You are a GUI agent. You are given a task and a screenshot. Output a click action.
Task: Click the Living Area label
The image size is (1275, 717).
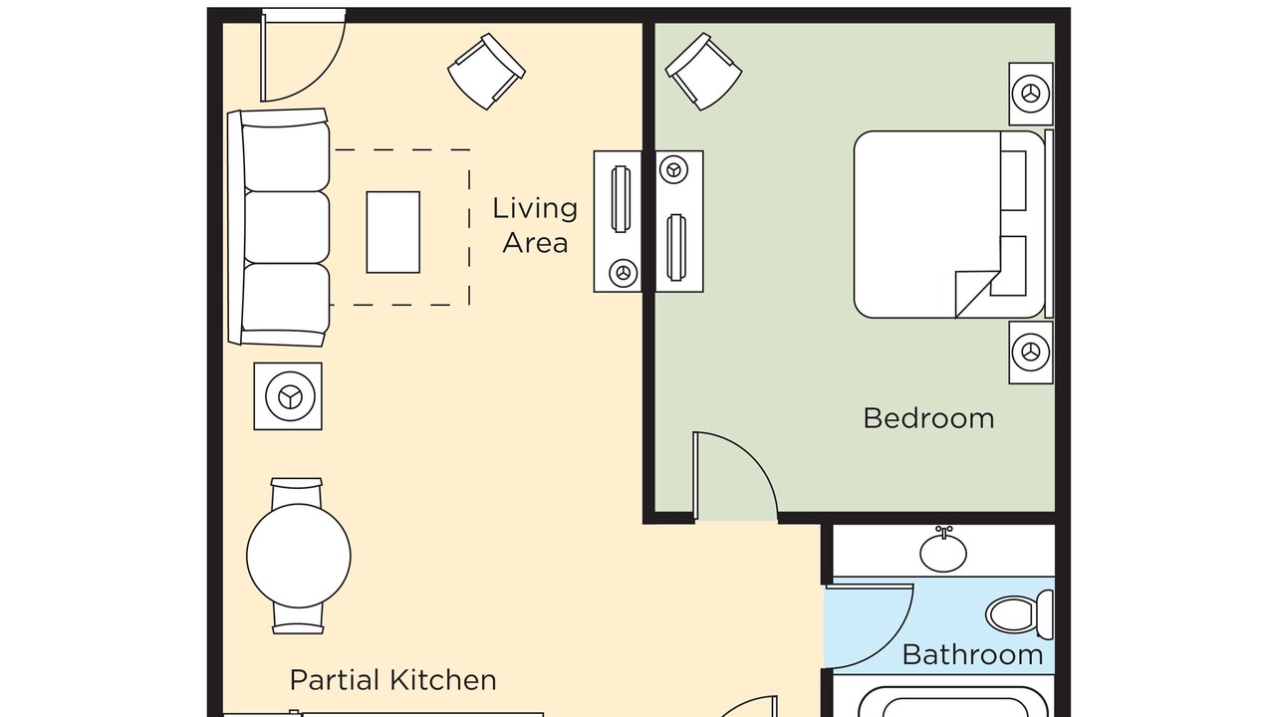pyautogui.click(x=535, y=225)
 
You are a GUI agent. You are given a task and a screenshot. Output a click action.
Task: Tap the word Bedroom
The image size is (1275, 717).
pyautogui.click(x=929, y=419)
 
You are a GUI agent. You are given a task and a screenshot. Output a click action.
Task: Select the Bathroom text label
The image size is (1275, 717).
pyautogui.click(x=973, y=655)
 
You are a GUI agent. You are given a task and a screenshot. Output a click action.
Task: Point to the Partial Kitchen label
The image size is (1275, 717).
pyautogui.click(x=393, y=680)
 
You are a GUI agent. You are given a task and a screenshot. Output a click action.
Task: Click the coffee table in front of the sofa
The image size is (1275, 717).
pyautogui.click(x=393, y=232)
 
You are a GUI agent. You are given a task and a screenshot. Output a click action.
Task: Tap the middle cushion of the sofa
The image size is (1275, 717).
pyautogui.click(x=286, y=227)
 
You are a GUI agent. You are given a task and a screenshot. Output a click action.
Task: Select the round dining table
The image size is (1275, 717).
pyautogui.click(x=299, y=556)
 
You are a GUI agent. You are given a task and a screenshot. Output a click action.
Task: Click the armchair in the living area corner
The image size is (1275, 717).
pyautogui.click(x=487, y=71)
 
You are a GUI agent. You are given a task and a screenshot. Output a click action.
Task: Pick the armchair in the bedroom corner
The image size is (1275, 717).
pyautogui.click(x=703, y=71)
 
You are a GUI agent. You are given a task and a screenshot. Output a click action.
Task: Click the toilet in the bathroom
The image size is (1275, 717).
pyautogui.click(x=1020, y=614)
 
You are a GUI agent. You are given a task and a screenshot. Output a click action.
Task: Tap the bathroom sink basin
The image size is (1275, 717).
pyautogui.click(x=943, y=551)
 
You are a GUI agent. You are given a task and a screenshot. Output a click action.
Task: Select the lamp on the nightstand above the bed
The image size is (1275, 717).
pyautogui.click(x=1031, y=94)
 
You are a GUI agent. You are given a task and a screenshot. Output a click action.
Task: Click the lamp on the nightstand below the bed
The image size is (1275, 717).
pyautogui.click(x=1031, y=353)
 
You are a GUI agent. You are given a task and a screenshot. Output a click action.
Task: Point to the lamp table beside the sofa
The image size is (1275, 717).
pyautogui.click(x=288, y=396)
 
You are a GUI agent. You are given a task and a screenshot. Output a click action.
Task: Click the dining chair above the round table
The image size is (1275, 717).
pyautogui.click(x=297, y=492)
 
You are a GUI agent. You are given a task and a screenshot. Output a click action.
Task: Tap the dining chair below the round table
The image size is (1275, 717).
pyautogui.click(x=298, y=619)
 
